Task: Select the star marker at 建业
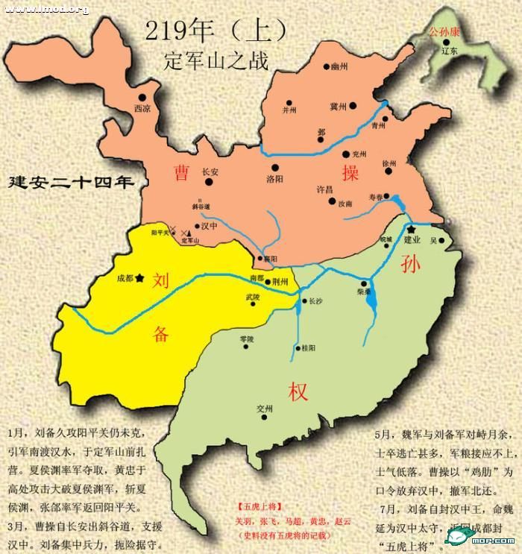coord(411,230)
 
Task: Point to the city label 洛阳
coord(274,179)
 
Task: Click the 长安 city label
coord(210,171)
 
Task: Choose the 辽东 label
coord(449,51)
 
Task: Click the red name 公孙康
coord(444,33)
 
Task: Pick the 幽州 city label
coord(339,68)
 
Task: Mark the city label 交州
coord(264,409)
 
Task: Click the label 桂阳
coord(308,348)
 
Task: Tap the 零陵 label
coord(246,339)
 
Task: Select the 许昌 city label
coord(325,189)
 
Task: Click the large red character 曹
coord(181,173)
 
